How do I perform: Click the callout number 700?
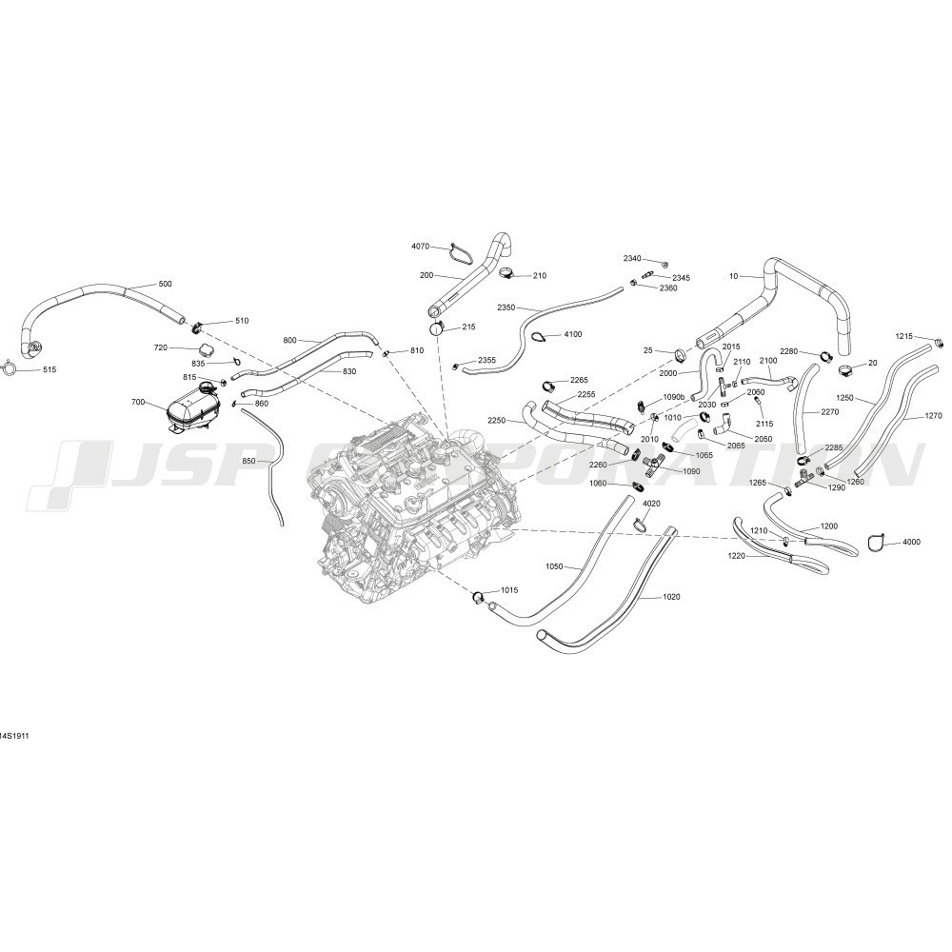coord(138,402)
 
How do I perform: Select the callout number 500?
coord(165,284)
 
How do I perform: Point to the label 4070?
coord(420,247)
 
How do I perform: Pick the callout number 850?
coord(249,462)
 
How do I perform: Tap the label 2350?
coord(506,307)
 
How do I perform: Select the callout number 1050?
coord(555,567)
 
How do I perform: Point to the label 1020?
coord(671,597)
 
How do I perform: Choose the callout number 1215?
coord(904,336)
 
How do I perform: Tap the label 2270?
coord(829,412)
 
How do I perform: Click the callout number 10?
coord(733,276)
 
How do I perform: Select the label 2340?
coord(632,259)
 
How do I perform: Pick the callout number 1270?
coord(933,416)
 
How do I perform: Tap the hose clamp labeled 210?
coord(508,274)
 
